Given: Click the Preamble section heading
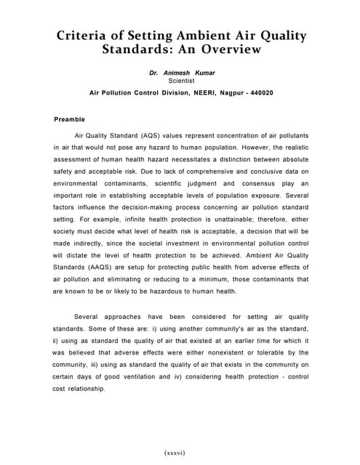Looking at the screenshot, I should pos(70,119).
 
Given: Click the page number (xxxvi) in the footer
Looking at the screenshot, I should pos(175,453).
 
